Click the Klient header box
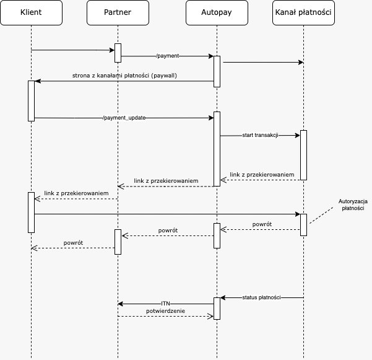pyautogui.click(x=31, y=13)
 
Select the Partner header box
pyautogui.click(x=118, y=13)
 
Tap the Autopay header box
pyautogui.click(x=217, y=13)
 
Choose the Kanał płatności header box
pyautogui.click(x=303, y=13)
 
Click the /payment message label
pyautogui.click(x=167, y=56)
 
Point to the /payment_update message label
pyautogui.click(x=124, y=118)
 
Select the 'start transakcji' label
pyautogui.click(x=260, y=135)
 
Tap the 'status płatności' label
pyautogui.click(x=262, y=298)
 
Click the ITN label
pyautogui.click(x=165, y=304)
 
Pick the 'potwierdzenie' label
pyautogui.click(x=165, y=310)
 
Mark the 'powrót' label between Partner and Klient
pyautogui.click(x=73, y=242)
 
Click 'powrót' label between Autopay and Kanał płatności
pyautogui.click(x=262, y=224)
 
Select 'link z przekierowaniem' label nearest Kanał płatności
pyautogui.click(x=262, y=175)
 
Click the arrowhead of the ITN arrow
pyautogui.click(x=120, y=304)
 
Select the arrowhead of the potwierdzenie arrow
pyautogui.click(x=211, y=316)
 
